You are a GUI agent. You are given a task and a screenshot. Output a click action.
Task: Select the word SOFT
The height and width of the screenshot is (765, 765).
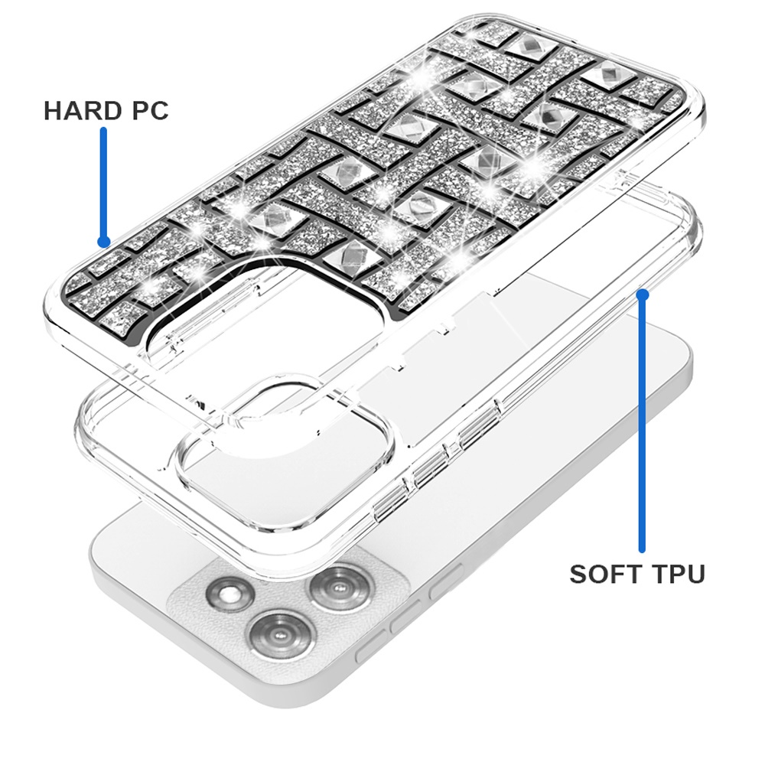pos(601,574)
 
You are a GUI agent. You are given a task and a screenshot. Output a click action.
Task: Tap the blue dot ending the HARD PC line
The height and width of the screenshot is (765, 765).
pos(103,241)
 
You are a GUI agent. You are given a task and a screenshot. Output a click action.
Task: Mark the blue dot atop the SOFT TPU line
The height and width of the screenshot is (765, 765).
pos(643,295)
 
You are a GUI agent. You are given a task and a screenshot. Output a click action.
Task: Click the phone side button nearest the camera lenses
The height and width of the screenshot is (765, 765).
pos(445,581)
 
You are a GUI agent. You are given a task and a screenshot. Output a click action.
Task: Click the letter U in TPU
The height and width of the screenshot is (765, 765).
pos(695,574)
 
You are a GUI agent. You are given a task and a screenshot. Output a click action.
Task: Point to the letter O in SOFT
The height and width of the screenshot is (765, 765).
pos(596,574)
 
